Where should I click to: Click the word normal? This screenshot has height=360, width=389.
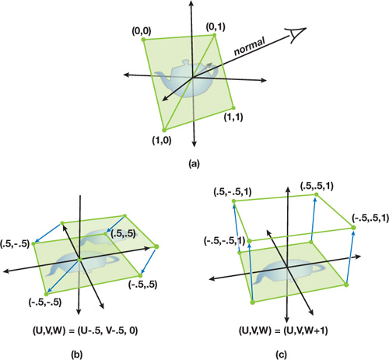pyautogui.click(x=250, y=47)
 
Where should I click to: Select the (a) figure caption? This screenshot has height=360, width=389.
pyautogui.click(x=194, y=164)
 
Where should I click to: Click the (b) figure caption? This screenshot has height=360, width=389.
pyautogui.click(x=77, y=355)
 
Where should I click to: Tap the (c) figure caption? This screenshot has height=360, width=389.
pyautogui.click(x=281, y=355)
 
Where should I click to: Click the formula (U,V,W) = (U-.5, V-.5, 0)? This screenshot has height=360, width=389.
pyautogui.click(x=85, y=331)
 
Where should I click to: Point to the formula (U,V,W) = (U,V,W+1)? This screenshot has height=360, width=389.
pyautogui.click(x=283, y=331)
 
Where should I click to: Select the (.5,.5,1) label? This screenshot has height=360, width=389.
pyautogui.click(x=317, y=187)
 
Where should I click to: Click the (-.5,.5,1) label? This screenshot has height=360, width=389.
pyautogui.click(x=370, y=218)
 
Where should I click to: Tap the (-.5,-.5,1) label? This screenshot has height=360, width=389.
pyautogui.click(x=225, y=241)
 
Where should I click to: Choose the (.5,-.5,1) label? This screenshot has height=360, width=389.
pyautogui.click(x=233, y=192)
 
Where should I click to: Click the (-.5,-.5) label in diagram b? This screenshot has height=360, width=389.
pyautogui.click(x=45, y=302)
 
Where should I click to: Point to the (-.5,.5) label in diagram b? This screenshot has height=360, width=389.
pyautogui.click(x=143, y=285)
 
